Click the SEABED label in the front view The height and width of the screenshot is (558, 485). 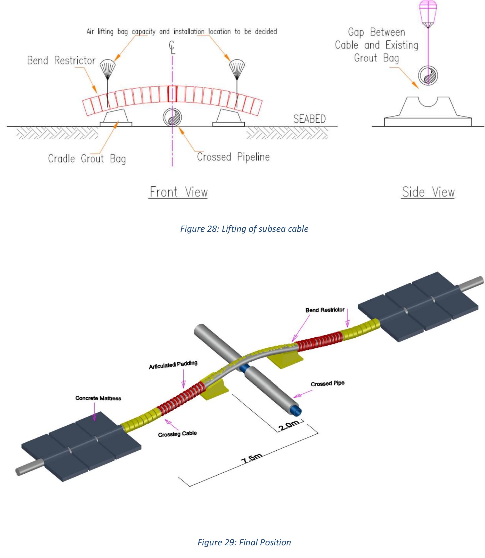[309, 119]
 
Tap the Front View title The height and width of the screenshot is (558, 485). [179, 192]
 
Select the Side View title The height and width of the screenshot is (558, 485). [428, 192]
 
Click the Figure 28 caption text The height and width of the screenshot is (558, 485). [244, 229]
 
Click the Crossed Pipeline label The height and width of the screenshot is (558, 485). [233, 157]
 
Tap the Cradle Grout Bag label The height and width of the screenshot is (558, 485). [87, 159]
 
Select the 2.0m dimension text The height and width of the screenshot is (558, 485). [289, 425]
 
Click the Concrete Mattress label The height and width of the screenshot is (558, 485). [98, 398]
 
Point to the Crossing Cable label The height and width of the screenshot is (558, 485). [177, 434]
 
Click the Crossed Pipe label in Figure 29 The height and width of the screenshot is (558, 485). [327, 384]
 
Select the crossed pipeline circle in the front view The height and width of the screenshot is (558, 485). [172, 117]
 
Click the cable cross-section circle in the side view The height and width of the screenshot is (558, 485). [428, 75]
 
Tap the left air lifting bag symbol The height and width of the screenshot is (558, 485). [108, 66]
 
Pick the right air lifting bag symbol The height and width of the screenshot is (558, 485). [237, 66]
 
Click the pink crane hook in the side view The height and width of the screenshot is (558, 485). [428, 15]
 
